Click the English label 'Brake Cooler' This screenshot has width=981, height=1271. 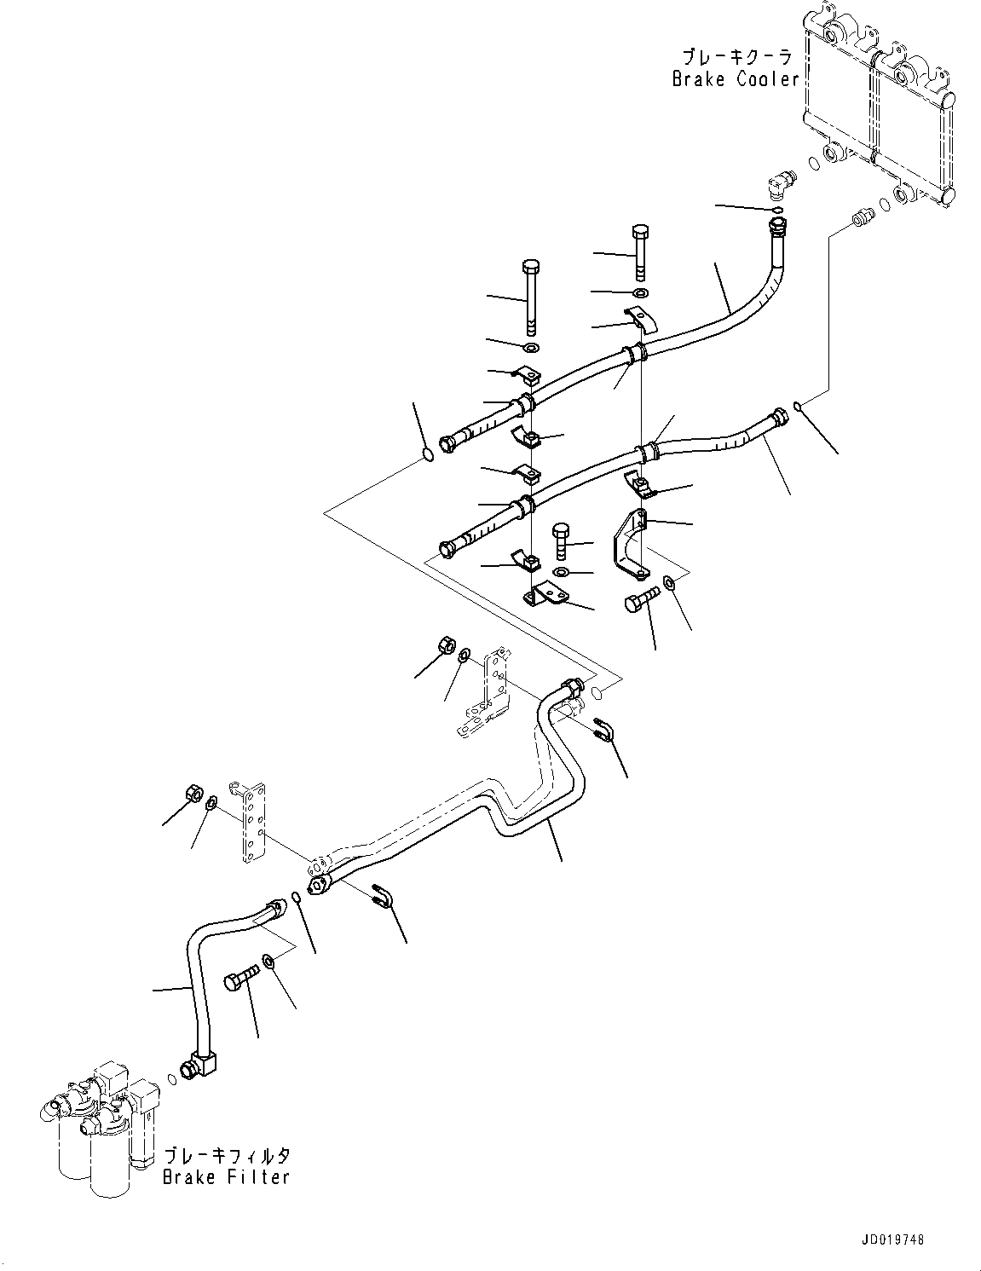[735, 79]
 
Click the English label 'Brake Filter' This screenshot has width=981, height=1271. [227, 1176]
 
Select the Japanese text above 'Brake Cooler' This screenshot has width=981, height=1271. [736, 57]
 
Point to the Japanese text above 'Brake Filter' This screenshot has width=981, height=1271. [227, 1155]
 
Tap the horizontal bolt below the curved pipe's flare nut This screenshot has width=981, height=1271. [239, 982]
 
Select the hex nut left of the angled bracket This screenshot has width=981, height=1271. [444, 647]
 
